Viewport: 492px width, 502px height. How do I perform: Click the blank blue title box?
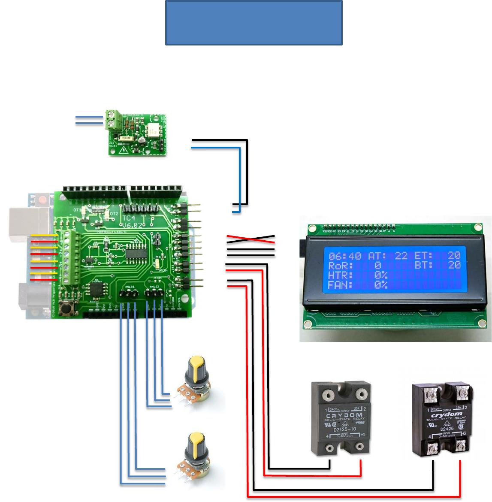tap(254, 23)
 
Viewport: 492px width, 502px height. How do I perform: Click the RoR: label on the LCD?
tap(340, 266)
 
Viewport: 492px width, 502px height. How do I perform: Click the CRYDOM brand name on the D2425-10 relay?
tap(344, 415)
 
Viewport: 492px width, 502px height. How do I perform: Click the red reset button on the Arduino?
tap(42, 200)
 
